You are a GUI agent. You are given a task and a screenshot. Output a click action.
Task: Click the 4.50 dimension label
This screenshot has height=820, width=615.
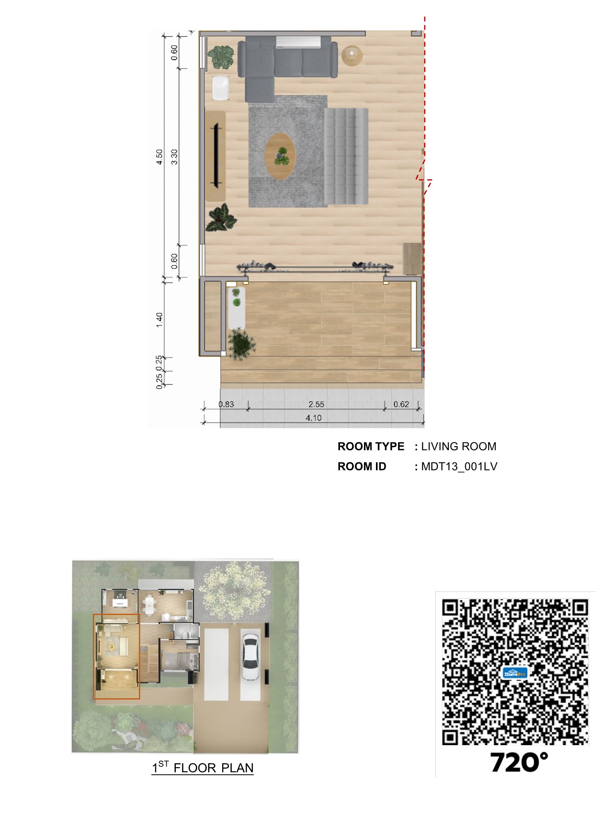click(x=159, y=157)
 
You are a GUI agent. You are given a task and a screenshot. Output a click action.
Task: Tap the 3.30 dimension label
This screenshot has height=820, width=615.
click(x=174, y=157)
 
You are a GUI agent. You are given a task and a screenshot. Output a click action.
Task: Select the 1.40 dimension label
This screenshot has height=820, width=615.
click(x=159, y=320)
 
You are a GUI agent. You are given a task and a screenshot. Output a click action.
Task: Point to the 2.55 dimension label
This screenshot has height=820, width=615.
click(x=316, y=404)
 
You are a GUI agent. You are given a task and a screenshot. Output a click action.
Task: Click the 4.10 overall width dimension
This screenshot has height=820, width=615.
click(x=314, y=418)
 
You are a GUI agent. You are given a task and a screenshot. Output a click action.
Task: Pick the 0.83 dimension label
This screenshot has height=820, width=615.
click(x=226, y=404)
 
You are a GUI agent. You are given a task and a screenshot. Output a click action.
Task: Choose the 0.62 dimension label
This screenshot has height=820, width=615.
click(x=401, y=404)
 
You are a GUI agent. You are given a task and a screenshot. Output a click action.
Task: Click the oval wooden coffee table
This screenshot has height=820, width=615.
click(x=280, y=156)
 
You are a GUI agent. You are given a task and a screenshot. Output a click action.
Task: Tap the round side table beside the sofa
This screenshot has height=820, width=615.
click(x=352, y=55)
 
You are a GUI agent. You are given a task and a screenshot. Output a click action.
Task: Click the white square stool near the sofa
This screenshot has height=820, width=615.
click(x=221, y=88)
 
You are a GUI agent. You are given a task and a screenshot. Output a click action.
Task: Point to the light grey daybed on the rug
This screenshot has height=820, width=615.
click(x=346, y=156)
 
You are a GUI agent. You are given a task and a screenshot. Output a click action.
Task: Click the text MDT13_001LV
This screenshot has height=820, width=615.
click(x=459, y=466)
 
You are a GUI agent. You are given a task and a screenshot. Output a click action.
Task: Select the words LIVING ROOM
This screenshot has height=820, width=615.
click(x=458, y=446)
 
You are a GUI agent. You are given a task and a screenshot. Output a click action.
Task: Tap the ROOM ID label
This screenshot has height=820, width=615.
click(x=362, y=466)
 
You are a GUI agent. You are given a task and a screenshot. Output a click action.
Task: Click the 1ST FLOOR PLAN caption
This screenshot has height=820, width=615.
click(x=203, y=768)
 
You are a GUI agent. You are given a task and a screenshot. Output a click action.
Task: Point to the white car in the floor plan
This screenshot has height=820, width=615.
click(x=250, y=657)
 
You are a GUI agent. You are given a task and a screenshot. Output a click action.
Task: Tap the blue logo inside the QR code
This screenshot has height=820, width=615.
click(x=515, y=673)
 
